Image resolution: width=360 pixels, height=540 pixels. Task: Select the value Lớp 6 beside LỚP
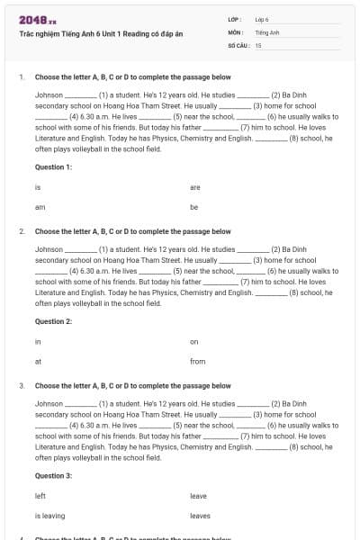point(262,19)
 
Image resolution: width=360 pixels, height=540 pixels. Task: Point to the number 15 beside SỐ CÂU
point(258,44)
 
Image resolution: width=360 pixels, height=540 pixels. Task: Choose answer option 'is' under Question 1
point(38,187)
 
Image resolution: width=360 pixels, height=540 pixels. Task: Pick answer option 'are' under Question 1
point(195,187)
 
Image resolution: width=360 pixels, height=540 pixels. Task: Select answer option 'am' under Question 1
point(40,207)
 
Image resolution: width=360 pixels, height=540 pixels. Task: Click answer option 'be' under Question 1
point(194,207)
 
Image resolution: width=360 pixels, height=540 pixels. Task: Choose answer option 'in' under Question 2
point(38,341)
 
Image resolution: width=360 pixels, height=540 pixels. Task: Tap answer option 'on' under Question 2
point(194,341)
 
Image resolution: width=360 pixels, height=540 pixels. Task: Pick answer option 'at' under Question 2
point(38,361)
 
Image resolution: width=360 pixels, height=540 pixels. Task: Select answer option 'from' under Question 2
point(198,361)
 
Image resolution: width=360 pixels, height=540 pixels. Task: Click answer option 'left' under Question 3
point(40,496)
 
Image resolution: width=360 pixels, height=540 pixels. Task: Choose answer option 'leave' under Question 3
point(199,496)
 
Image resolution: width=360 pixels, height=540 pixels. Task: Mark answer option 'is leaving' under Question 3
point(49,516)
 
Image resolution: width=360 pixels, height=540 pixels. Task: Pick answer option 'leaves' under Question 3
point(200,516)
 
